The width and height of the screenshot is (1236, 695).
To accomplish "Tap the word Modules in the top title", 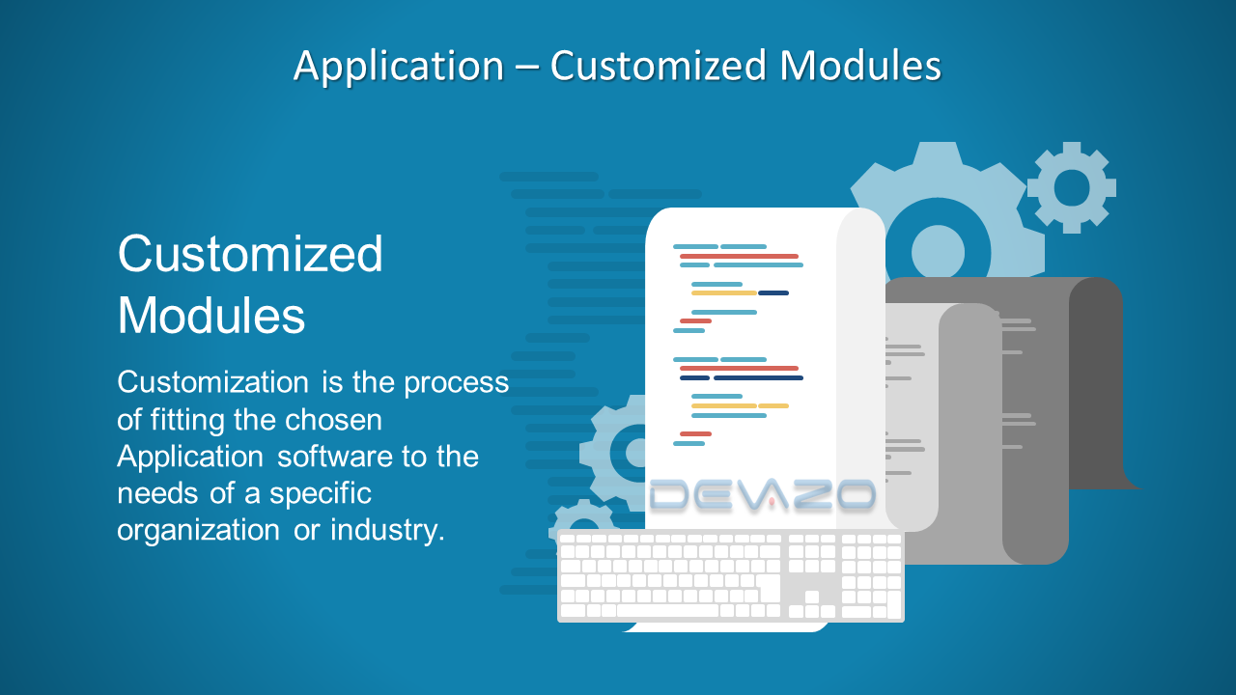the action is pyautogui.click(x=860, y=65).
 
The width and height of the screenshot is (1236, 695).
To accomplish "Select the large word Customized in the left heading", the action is pyautogui.click(x=250, y=254).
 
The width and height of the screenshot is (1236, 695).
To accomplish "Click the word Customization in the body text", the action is pyautogui.click(x=213, y=381).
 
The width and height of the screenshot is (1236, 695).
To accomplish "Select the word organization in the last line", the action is pyautogui.click(x=199, y=531).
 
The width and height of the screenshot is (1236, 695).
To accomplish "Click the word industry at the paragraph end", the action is pyautogui.click(x=387, y=531).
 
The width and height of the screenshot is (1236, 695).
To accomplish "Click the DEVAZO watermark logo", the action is pyautogui.click(x=763, y=494).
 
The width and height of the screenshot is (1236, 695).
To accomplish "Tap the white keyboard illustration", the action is pyautogui.click(x=731, y=575).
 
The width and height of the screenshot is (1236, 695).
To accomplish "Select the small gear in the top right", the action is pyautogui.click(x=1072, y=187).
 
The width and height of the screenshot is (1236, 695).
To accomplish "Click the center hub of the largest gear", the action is pyautogui.click(x=938, y=252).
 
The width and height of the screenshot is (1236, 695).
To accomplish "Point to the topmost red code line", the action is pyautogui.click(x=739, y=256).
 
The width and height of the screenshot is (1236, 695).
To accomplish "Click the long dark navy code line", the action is pyautogui.click(x=758, y=377).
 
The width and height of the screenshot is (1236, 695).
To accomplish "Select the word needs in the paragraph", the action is pyautogui.click(x=157, y=493).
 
